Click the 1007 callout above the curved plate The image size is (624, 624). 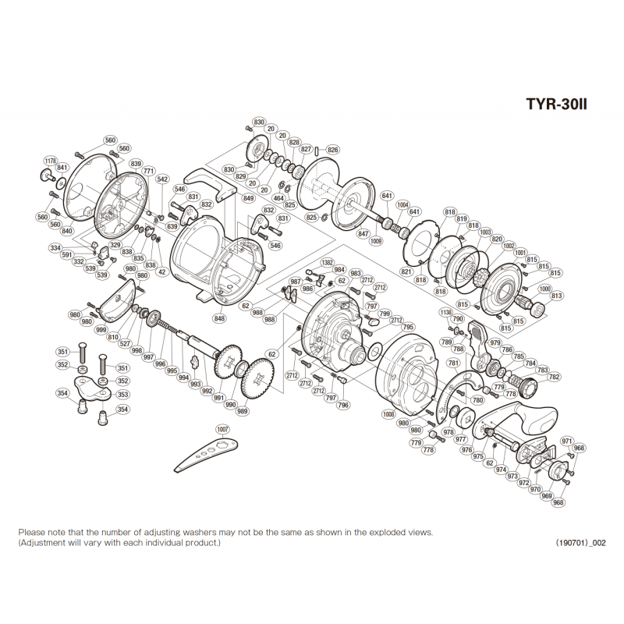pos(224,429)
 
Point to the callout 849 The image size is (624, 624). pos(248,199)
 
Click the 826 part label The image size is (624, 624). pos(332,150)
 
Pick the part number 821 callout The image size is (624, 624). pos(406,271)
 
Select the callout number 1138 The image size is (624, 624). pos(445,312)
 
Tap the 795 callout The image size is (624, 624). pos(409,328)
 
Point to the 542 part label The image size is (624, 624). pos(162,179)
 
